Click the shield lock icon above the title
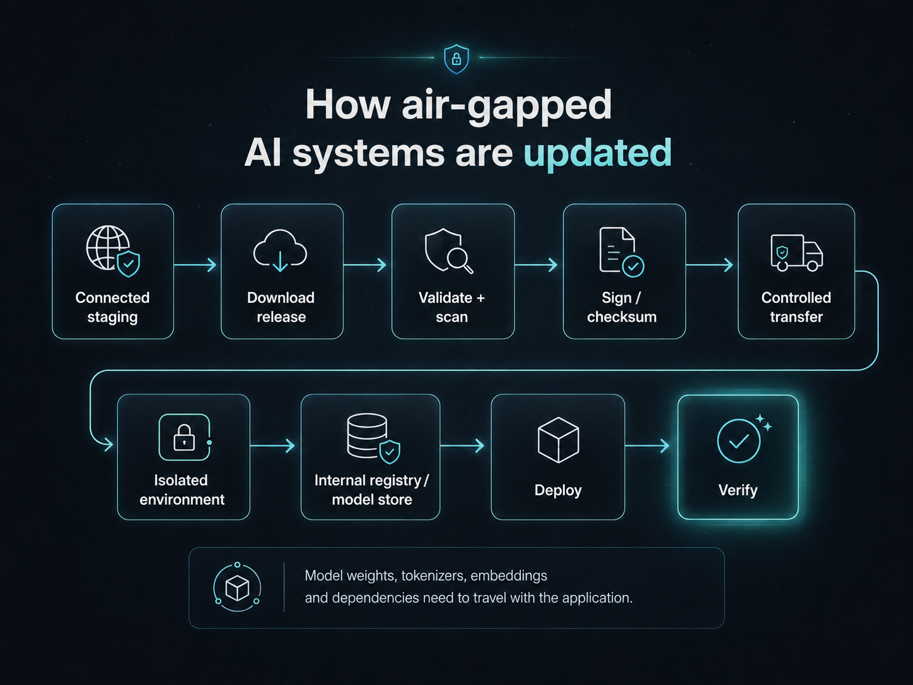pos(456,59)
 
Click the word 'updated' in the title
pos(598,153)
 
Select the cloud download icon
pos(280,250)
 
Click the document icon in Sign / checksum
pos(617,249)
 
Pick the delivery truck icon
pos(796,253)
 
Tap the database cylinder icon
pos(367,436)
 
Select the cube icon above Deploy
pos(558,440)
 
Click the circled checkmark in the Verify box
pos(738,442)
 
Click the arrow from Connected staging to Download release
pos(195,265)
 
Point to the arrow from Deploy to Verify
pos(647,446)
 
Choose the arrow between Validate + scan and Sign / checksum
pos(536,265)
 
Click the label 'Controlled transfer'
pos(796,307)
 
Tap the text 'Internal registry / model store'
pos(371,490)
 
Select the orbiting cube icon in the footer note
pos(237,587)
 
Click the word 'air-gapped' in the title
pos(506,105)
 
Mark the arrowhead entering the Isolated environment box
pos(109,445)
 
